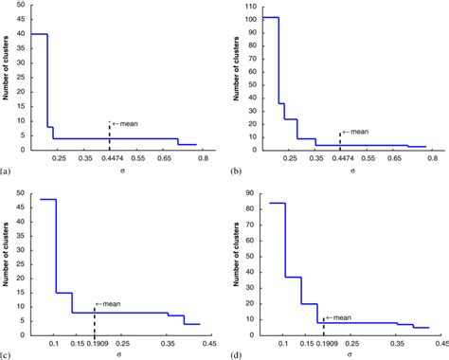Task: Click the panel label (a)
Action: tap(7, 171)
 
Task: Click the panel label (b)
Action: tap(232, 171)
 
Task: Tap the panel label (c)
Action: tap(7, 354)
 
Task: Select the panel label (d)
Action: tap(232, 354)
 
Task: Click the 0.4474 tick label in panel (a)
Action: tap(110, 162)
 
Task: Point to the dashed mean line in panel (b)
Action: tap(340, 140)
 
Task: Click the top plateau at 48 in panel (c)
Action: tap(46, 199)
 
